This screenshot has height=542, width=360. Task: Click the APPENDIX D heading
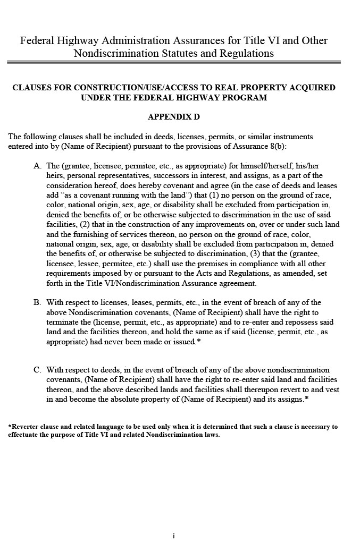point(173,116)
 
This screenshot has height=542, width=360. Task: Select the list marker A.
point(37,166)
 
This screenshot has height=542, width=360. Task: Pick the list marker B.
point(37,302)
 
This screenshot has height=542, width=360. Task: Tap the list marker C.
point(37,370)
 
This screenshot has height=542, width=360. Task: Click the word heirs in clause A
point(55,175)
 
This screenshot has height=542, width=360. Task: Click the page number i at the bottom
point(173,536)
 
